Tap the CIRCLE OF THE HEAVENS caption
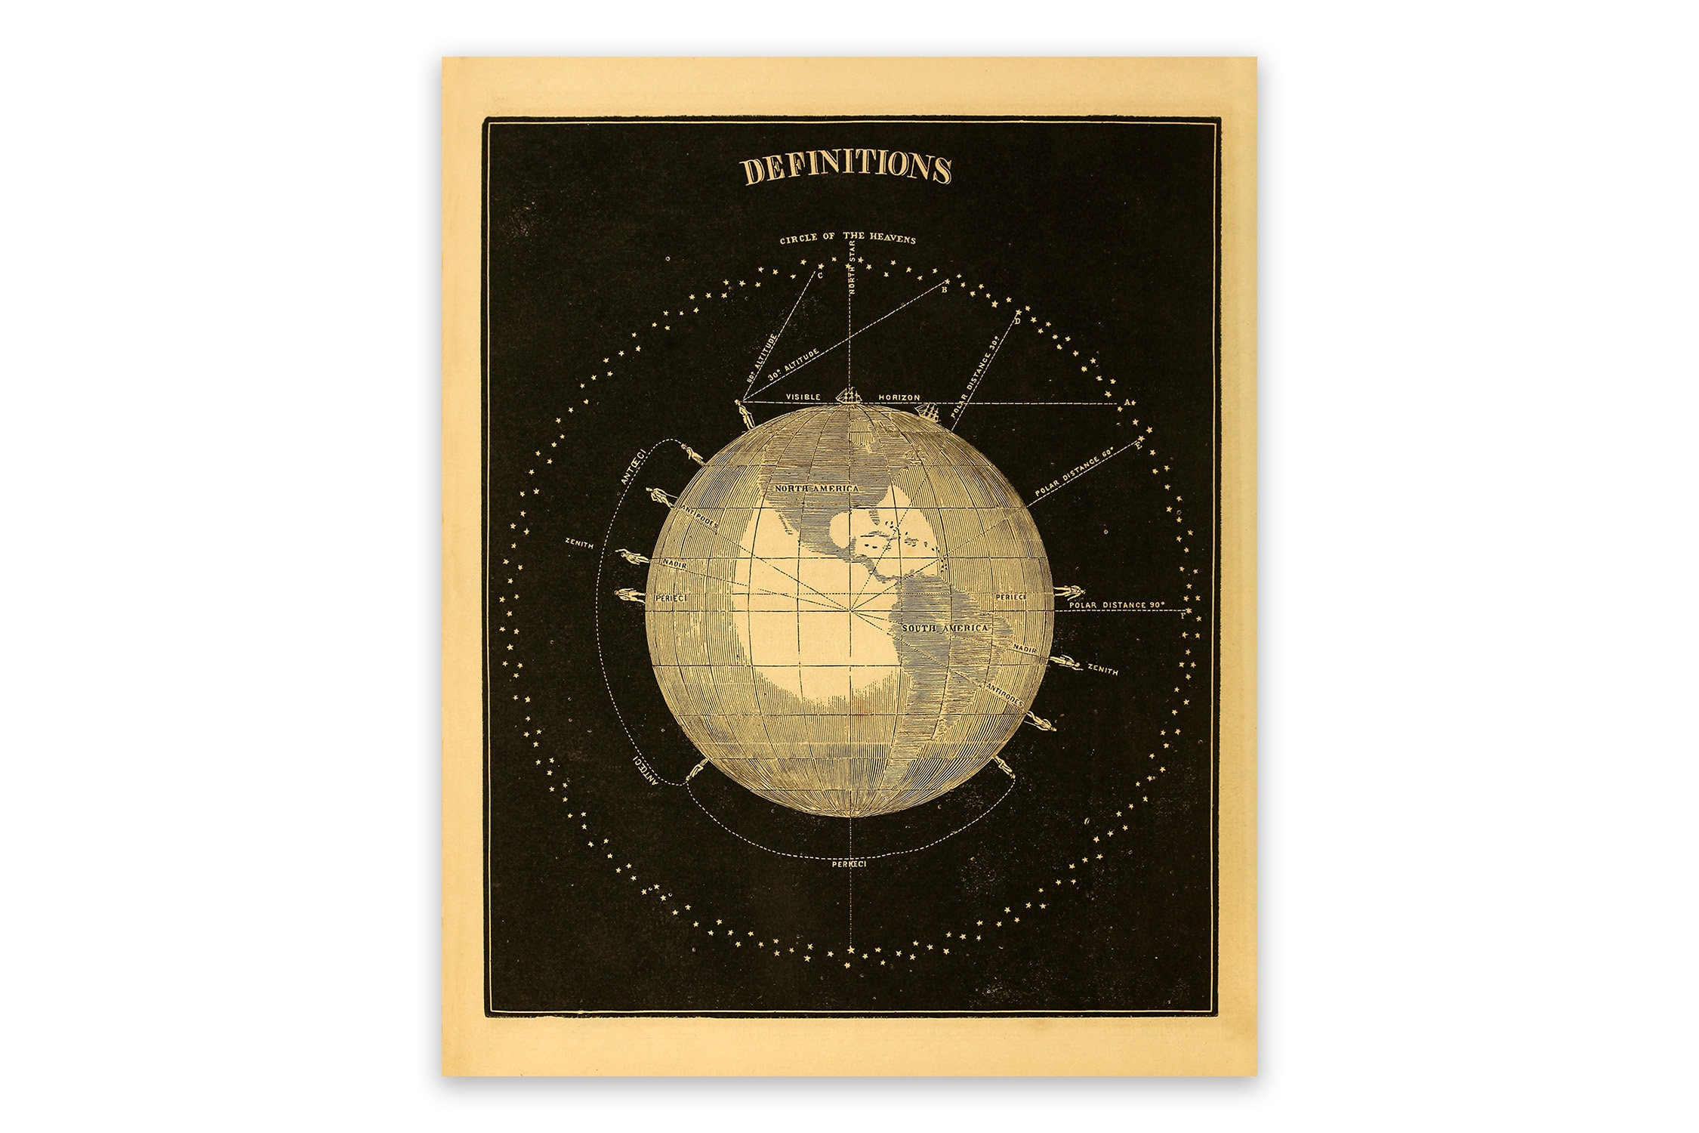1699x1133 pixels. click(x=847, y=239)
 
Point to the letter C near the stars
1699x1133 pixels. click(x=820, y=276)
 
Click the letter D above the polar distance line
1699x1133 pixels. click(x=1017, y=321)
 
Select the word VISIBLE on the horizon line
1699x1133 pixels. click(x=803, y=397)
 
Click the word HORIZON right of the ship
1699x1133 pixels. click(x=899, y=397)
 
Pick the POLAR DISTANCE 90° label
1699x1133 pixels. click(x=1117, y=605)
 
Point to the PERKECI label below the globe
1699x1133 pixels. click(x=849, y=863)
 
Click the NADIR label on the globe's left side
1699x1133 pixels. click(x=674, y=563)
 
